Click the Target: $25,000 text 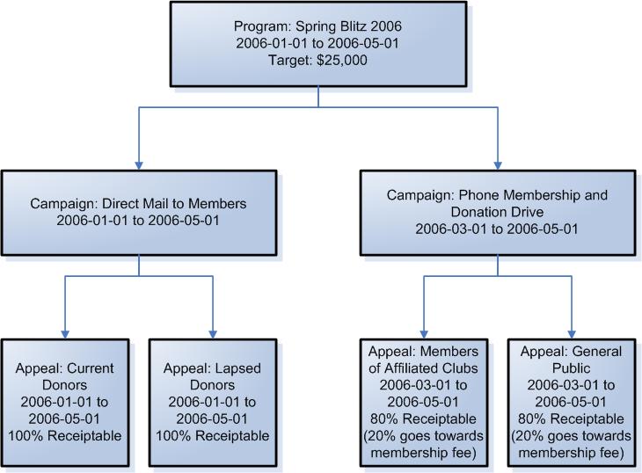tap(317, 60)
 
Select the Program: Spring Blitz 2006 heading tap(317, 26)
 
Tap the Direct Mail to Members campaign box tap(139, 213)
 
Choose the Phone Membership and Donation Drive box tap(498, 213)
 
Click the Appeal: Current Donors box tap(65, 403)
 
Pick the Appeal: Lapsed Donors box tap(213, 403)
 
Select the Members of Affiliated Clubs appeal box tap(424, 403)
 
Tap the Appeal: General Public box tap(572, 403)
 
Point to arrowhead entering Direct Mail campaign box tap(139, 165)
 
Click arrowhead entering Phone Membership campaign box tap(498, 165)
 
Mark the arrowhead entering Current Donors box tap(65, 334)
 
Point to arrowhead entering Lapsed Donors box tap(213, 334)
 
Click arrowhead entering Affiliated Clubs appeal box tap(424, 334)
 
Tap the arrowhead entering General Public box tap(572, 334)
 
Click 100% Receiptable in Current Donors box tap(65, 436)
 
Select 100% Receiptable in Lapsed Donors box tap(213, 436)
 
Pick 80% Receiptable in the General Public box tap(571, 419)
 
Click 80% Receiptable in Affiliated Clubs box tap(423, 419)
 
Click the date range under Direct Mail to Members tap(138, 221)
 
